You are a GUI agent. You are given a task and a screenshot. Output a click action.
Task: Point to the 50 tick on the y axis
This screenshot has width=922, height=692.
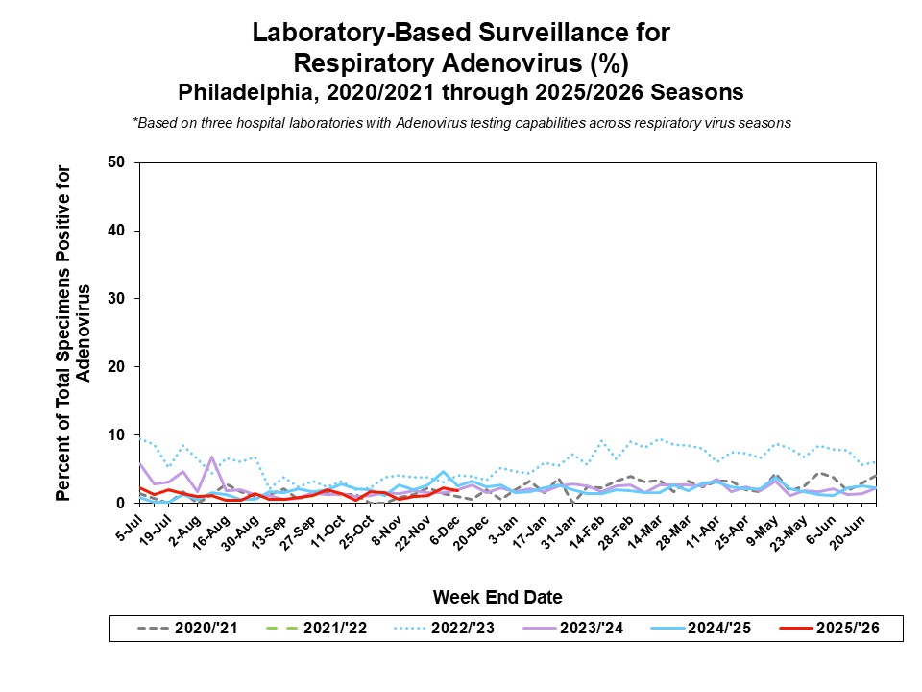click(x=117, y=162)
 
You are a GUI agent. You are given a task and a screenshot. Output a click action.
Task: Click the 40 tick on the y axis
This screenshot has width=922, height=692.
click(x=117, y=231)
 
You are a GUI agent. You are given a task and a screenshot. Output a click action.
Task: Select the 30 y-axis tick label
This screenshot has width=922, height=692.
click(x=117, y=299)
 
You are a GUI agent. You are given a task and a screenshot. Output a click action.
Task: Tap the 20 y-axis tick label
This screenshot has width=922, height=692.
click(x=117, y=367)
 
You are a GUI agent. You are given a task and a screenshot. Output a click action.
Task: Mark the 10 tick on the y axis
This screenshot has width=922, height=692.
click(x=117, y=435)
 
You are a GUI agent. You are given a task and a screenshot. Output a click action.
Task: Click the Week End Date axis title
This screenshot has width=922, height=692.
click(x=497, y=597)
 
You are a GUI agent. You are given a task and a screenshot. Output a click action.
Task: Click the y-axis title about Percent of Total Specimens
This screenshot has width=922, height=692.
click(x=73, y=333)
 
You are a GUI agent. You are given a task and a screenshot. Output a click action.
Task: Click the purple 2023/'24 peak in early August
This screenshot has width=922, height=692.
click(x=211, y=457)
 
